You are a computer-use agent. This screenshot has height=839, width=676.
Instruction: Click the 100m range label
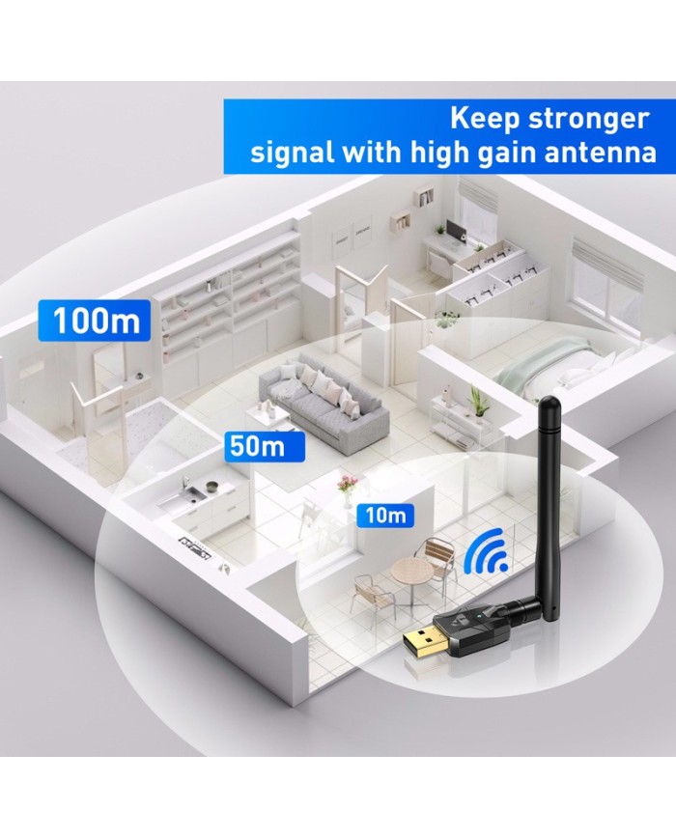(x=96, y=320)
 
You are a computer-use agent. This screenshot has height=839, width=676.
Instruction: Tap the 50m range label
(x=258, y=446)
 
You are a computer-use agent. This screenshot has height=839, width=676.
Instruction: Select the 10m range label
(x=384, y=515)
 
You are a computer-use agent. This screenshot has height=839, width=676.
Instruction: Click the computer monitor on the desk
(x=454, y=231)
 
